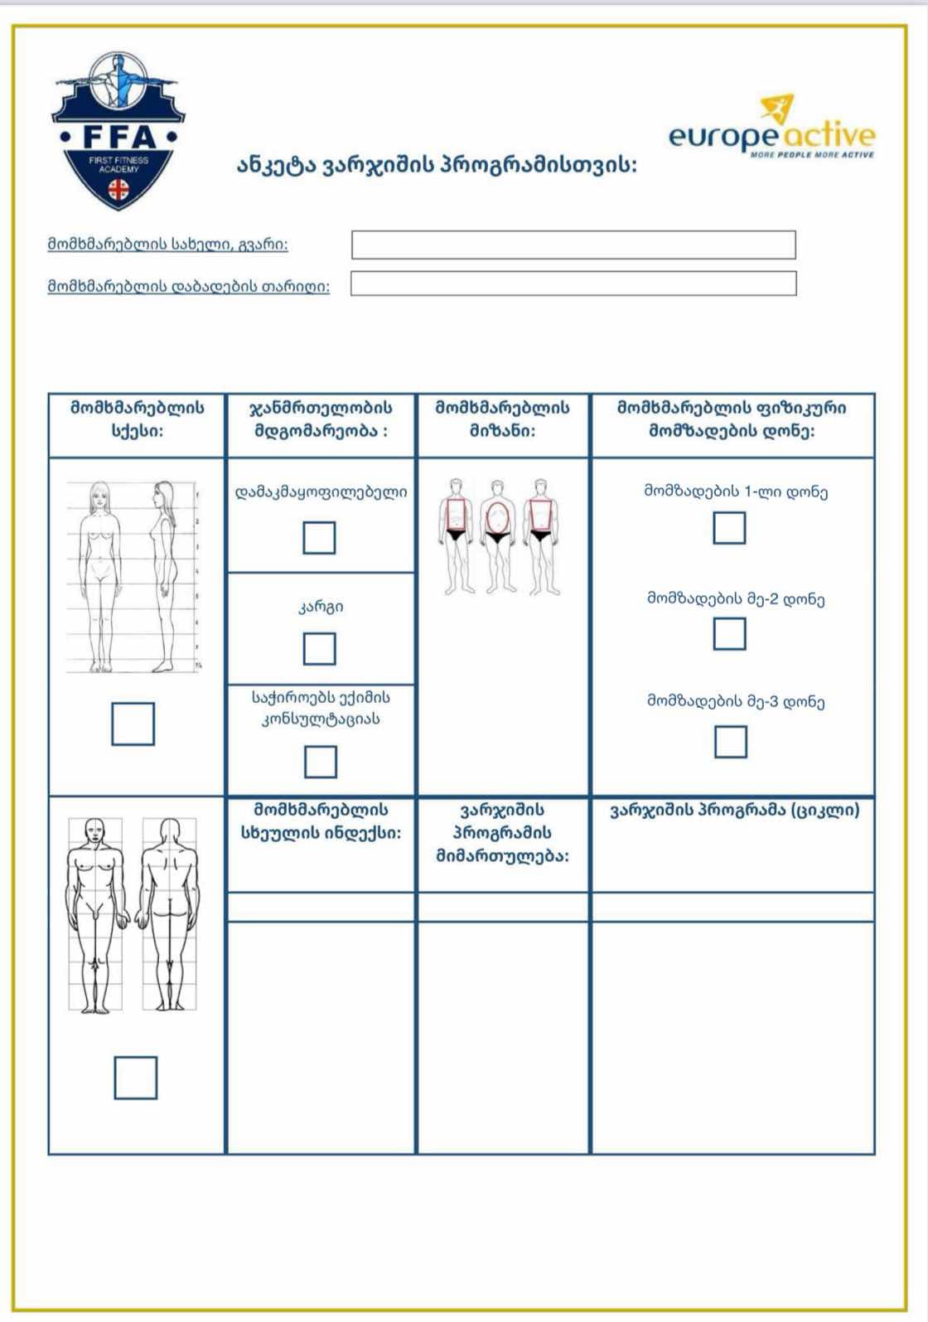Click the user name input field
(x=573, y=245)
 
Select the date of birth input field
(x=573, y=283)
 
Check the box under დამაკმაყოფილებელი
(x=319, y=538)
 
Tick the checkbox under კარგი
(x=319, y=649)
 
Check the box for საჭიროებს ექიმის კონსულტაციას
(x=321, y=762)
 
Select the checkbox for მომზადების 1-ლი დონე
(x=729, y=528)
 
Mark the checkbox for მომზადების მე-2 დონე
(x=729, y=634)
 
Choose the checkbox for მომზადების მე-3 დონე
(x=730, y=742)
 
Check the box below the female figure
(x=133, y=724)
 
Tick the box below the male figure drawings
(x=135, y=1077)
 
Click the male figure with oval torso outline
(x=497, y=535)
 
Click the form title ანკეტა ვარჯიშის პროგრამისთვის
(x=437, y=166)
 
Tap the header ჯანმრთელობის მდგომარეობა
(x=321, y=419)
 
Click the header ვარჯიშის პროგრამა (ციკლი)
(x=734, y=811)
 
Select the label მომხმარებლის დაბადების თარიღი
(x=188, y=287)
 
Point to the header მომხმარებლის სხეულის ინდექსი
(x=321, y=821)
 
